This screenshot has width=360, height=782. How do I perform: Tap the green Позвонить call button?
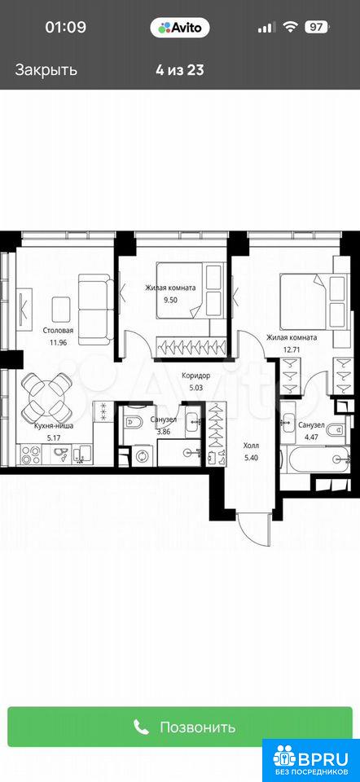(x=180, y=727)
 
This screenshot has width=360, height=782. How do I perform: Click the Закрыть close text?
(x=46, y=69)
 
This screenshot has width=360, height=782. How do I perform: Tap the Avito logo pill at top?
(x=180, y=28)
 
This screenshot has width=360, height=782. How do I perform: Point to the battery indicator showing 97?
(x=316, y=28)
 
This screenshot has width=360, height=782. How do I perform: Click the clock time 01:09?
(x=66, y=28)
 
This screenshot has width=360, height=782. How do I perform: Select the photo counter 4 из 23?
(x=179, y=69)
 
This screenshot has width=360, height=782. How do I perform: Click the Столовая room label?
(x=59, y=330)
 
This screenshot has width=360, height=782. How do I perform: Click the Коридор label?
(x=196, y=375)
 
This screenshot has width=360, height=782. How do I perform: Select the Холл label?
(x=252, y=445)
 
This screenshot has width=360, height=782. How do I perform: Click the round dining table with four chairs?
(x=47, y=397)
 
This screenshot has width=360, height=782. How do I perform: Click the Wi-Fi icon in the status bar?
(x=289, y=28)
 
